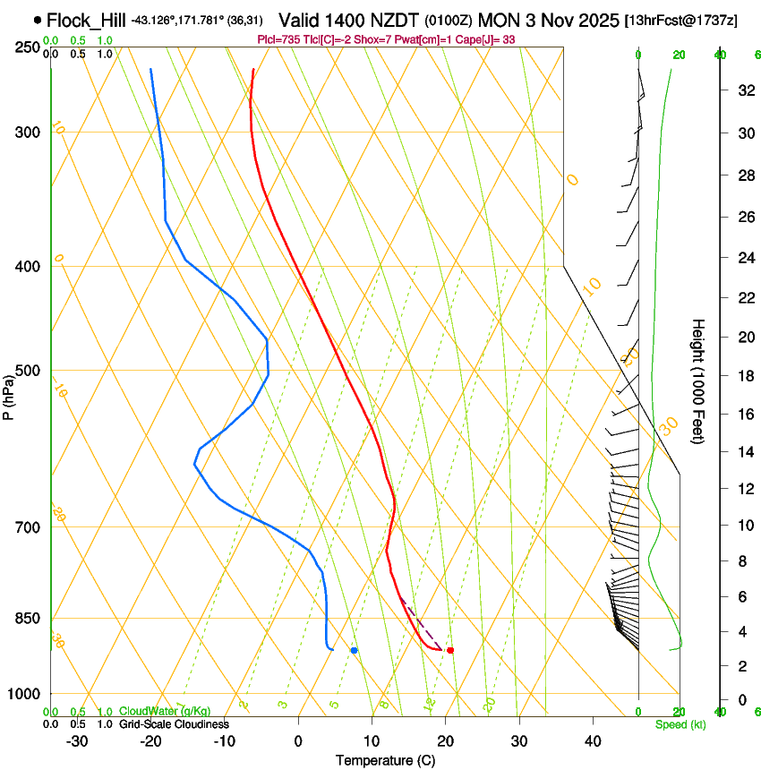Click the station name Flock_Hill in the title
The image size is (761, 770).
87,20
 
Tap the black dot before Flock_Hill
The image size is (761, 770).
37,19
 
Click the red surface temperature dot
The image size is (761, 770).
450,650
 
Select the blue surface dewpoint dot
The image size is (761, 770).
355,650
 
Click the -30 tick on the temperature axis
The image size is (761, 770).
77,741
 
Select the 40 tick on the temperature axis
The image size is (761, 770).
593,741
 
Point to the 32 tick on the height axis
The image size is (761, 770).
745,90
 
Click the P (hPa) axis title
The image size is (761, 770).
9,395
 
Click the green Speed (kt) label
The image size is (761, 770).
680,724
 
